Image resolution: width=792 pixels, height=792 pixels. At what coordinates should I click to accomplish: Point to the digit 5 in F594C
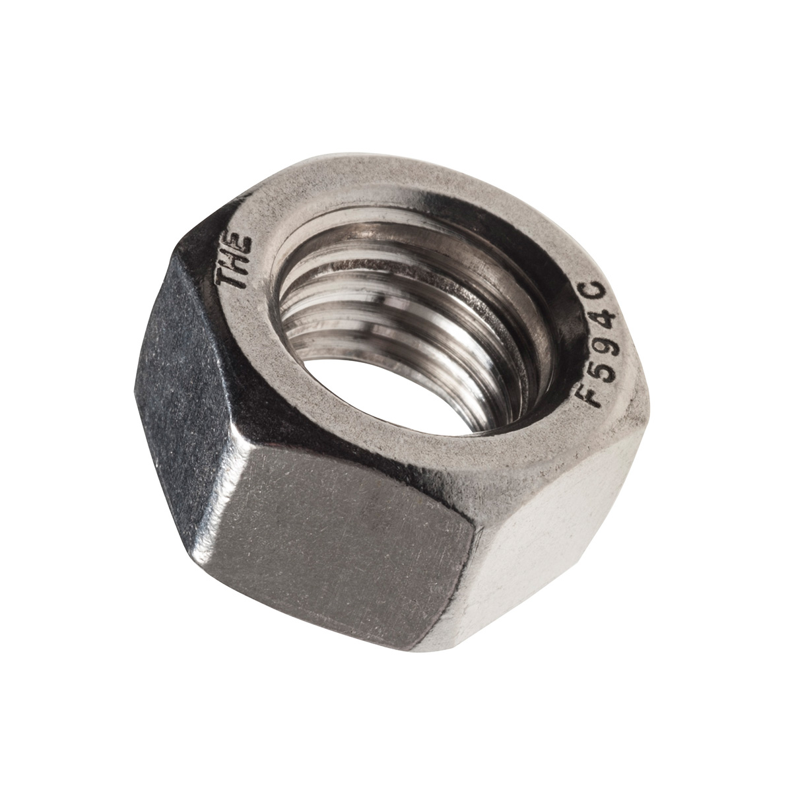[x=596, y=370]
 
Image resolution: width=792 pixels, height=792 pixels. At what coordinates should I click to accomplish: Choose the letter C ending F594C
[x=603, y=292]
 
